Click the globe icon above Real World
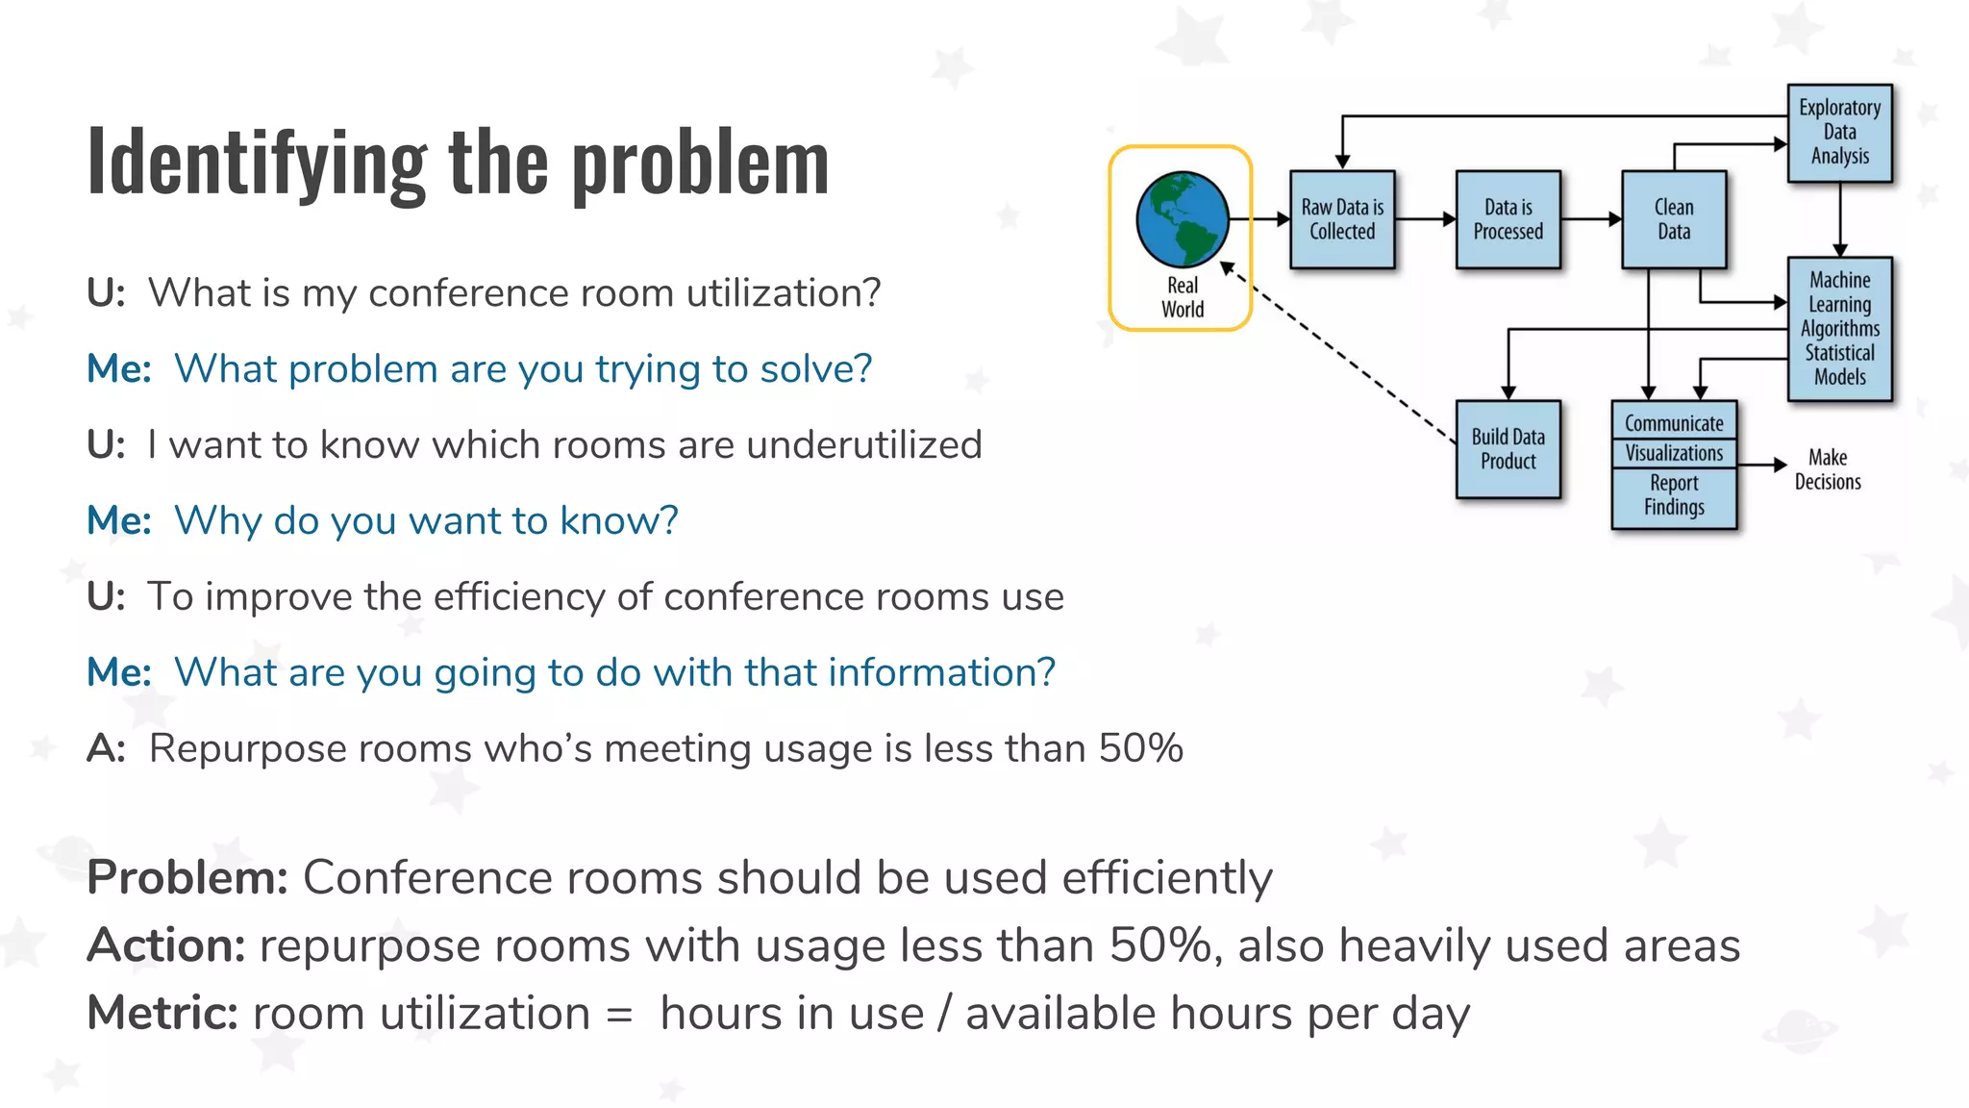point(1182,219)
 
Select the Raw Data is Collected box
point(1342,219)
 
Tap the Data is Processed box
point(1508,219)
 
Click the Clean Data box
point(1674,219)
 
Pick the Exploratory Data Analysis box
point(1839,133)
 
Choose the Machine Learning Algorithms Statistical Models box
point(1839,328)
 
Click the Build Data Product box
point(1508,449)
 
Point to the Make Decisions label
point(1828,469)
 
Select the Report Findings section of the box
point(1674,495)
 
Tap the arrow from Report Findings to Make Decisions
point(1761,465)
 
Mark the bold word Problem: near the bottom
point(187,877)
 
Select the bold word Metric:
point(162,1013)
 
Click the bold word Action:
point(166,945)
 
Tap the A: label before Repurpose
point(106,748)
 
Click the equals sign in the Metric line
point(620,1015)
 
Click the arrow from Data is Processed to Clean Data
point(1590,219)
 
